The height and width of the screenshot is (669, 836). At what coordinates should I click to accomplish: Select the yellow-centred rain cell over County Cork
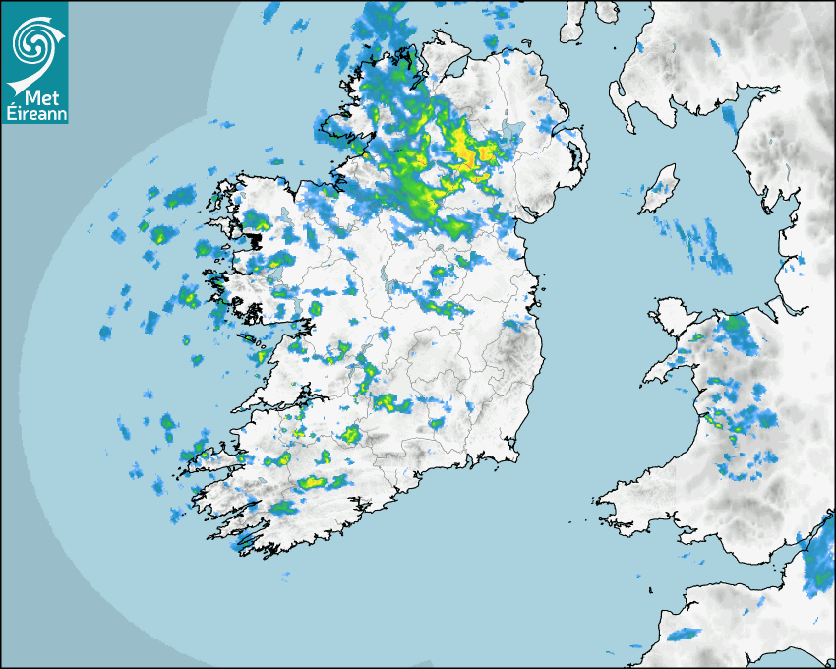[x=315, y=482]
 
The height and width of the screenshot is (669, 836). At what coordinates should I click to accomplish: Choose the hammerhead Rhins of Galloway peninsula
[x=573, y=22]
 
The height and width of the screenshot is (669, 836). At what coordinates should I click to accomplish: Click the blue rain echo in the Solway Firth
[x=729, y=118]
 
